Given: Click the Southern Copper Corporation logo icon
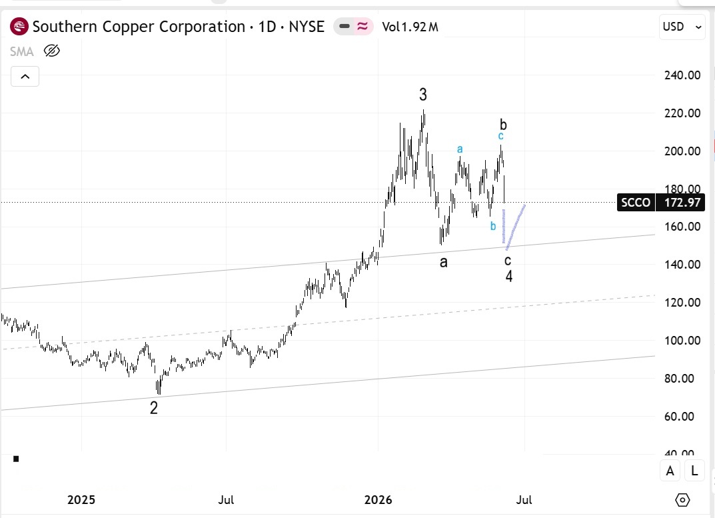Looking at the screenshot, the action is (x=19, y=27).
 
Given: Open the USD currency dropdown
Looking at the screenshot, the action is (x=682, y=27).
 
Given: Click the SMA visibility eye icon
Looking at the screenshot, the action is (x=52, y=51).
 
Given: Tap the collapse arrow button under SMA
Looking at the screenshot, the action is (x=25, y=76).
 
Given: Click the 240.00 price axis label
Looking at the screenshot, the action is (x=682, y=75).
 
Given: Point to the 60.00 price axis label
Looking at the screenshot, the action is (x=679, y=416).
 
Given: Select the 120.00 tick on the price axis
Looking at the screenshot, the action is (x=682, y=303).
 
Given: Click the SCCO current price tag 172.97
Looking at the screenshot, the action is (x=661, y=202).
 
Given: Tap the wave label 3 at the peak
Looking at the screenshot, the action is (x=423, y=95).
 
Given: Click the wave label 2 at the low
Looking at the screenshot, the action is (x=154, y=407).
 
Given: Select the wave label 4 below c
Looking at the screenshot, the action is (x=509, y=276).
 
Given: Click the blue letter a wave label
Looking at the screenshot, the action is (x=460, y=149).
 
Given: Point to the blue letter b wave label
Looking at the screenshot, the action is (x=493, y=226).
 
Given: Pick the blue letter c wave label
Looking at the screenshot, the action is (x=500, y=136).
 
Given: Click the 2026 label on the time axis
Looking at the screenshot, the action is (x=378, y=500).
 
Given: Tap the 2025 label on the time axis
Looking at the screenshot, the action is (x=81, y=500).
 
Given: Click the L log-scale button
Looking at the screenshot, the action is (x=694, y=471).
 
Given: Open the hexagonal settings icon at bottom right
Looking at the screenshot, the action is (x=682, y=500).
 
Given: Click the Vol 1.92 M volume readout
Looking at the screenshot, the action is (x=410, y=27).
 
